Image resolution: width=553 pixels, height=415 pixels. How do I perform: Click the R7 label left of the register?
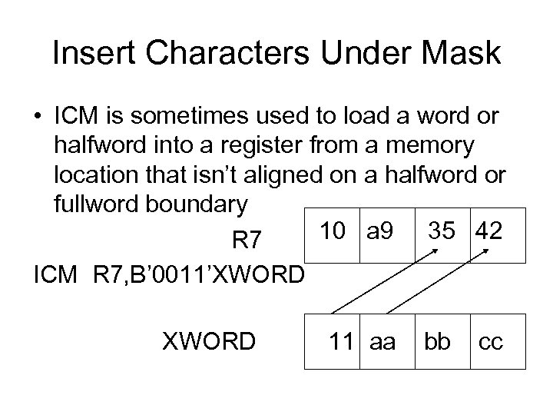pyautogui.click(x=247, y=243)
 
